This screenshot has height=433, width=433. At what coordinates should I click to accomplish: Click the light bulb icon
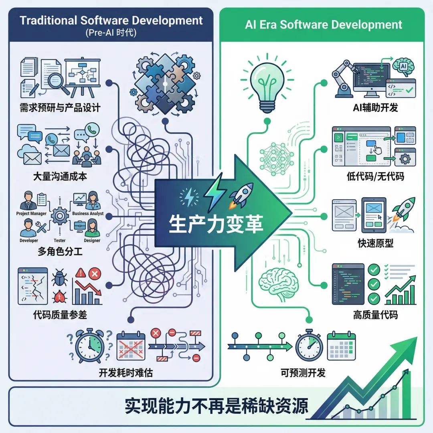pyautogui.click(x=265, y=84)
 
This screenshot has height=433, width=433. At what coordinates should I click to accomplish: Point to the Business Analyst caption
pyautogui.click(x=88, y=214)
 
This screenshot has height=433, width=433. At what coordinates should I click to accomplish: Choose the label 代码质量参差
pyautogui.click(x=60, y=315)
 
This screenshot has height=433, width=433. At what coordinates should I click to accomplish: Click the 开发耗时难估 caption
pyautogui.click(x=125, y=372)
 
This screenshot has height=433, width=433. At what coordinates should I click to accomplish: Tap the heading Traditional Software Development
pyautogui.click(x=111, y=20)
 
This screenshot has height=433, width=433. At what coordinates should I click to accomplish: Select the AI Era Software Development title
pyautogui.click(x=324, y=24)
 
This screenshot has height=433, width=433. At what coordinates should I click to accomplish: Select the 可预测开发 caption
pyautogui.click(x=303, y=372)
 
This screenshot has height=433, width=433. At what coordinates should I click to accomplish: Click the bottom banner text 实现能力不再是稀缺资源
pyautogui.click(x=216, y=406)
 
